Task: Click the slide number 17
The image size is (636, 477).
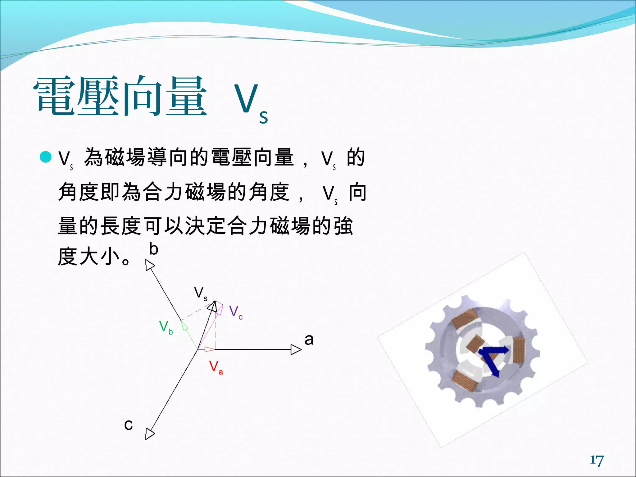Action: coord(597,461)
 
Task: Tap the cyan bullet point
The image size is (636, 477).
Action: coord(46,157)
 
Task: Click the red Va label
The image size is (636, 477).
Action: coord(216,367)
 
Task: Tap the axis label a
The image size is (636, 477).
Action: coord(309,339)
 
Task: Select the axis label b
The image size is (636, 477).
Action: coord(154,249)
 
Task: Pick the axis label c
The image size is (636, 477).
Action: coord(128,425)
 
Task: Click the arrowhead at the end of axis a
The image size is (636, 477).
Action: coord(296,349)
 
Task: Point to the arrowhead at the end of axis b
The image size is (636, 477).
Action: coord(150,266)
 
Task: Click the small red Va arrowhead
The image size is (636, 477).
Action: coord(210,350)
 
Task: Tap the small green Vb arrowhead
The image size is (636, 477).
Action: coord(185,326)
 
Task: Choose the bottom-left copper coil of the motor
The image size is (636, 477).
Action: coord(465,380)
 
